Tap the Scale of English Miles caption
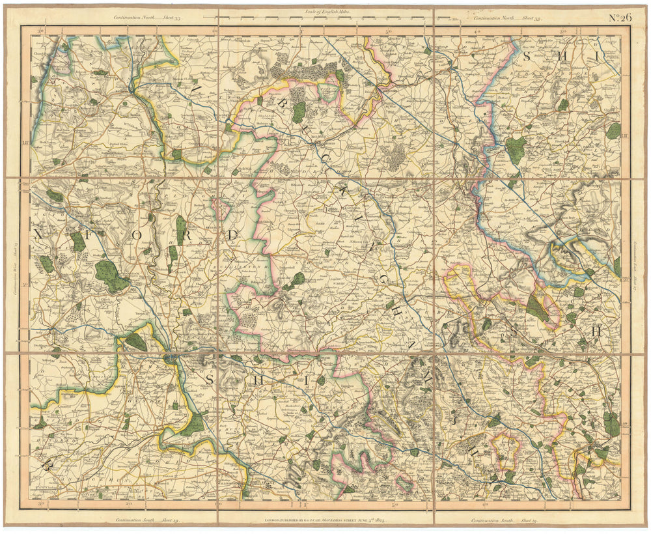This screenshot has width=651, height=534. (325, 11)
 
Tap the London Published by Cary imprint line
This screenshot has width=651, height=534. (325, 520)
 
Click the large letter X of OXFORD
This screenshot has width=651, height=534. (40, 233)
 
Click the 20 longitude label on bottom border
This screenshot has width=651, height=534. (128, 504)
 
